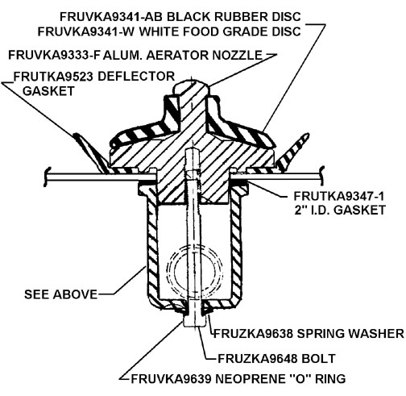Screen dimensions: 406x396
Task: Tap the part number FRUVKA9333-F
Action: click(54, 56)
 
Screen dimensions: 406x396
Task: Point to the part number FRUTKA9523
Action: click(53, 77)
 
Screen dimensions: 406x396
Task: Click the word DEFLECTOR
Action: click(136, 77)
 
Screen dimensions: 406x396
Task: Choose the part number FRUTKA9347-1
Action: click(338, 196)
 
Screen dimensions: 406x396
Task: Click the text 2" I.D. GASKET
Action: click(340, 210)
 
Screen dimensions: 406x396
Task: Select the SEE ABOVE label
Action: click(60, 294)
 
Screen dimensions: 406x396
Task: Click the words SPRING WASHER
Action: click(350, 334)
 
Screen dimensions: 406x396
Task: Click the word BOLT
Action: click(318, 359)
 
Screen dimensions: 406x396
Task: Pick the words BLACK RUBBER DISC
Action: click(234, 17)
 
